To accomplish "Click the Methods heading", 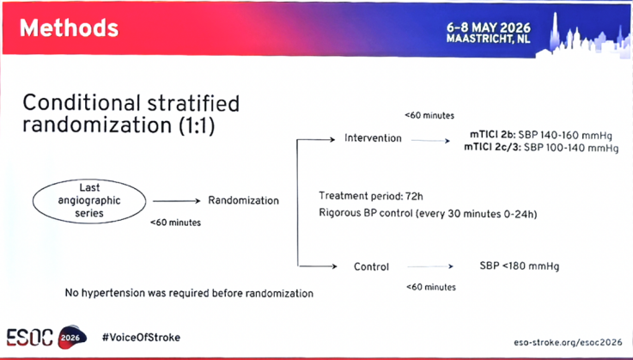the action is [69, 28].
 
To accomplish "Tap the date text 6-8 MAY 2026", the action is [489, 27].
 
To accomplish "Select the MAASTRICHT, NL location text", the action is [488, 39].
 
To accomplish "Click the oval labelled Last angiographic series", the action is [89, 201].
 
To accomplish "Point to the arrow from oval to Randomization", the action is [176, 201].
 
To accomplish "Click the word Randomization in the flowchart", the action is [243, 200].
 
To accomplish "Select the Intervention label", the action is [373, 138].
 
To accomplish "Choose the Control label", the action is [371, 266].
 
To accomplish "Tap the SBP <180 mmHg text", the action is [520, 266].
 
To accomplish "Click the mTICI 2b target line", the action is [541, 135].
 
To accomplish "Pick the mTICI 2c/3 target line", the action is [541, 148].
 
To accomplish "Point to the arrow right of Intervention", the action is [430, 141].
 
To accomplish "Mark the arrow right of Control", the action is [430, 266].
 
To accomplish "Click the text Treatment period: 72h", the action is [371, 197].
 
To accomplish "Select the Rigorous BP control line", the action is [428, 213].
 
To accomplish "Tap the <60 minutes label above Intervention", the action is [429, 115].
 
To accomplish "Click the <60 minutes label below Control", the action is [431, 287].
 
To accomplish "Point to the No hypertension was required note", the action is [189, 293].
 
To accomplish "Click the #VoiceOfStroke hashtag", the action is [141, 338].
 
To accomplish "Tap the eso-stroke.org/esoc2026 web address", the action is [568, 342].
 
